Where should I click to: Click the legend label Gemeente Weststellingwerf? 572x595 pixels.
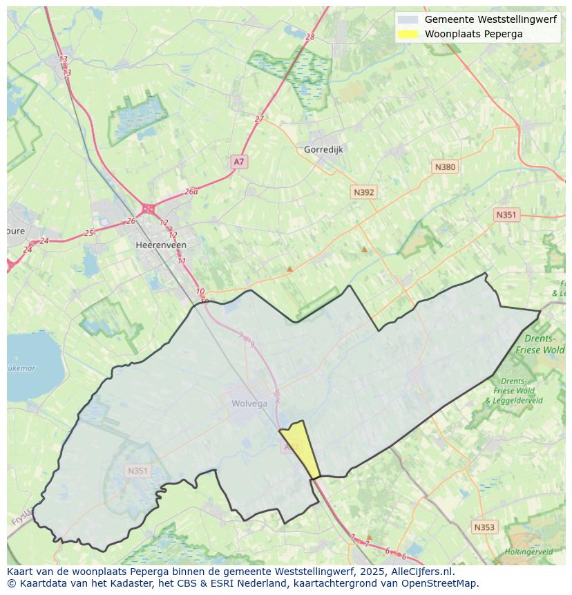click(x=490, y=19)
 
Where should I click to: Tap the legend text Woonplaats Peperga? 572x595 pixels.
click(x=473, y=34)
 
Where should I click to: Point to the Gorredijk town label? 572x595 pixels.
click(x=323, y=149)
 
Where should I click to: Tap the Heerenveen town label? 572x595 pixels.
click(x=161, y=245)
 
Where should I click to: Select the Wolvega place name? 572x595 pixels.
click(x=249, y=404)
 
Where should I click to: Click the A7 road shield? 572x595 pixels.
click(x=238, y=162)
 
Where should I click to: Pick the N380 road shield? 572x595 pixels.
click(x=445, y=167)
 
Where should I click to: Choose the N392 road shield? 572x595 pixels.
click(x=363, y=192)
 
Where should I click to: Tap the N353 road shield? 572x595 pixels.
click(x=484, y=527)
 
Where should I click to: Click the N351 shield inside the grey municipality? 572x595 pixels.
click(x=137, y=471)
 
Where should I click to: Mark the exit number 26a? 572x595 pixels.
click(x=191, y=191)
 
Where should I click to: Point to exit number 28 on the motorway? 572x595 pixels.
click(x=309, y=37)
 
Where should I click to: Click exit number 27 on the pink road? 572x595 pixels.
click(x=259, y=119)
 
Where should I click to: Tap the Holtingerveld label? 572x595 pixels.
click(x=528, y=551)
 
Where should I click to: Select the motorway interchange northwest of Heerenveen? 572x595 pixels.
click(x=148, y=208)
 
